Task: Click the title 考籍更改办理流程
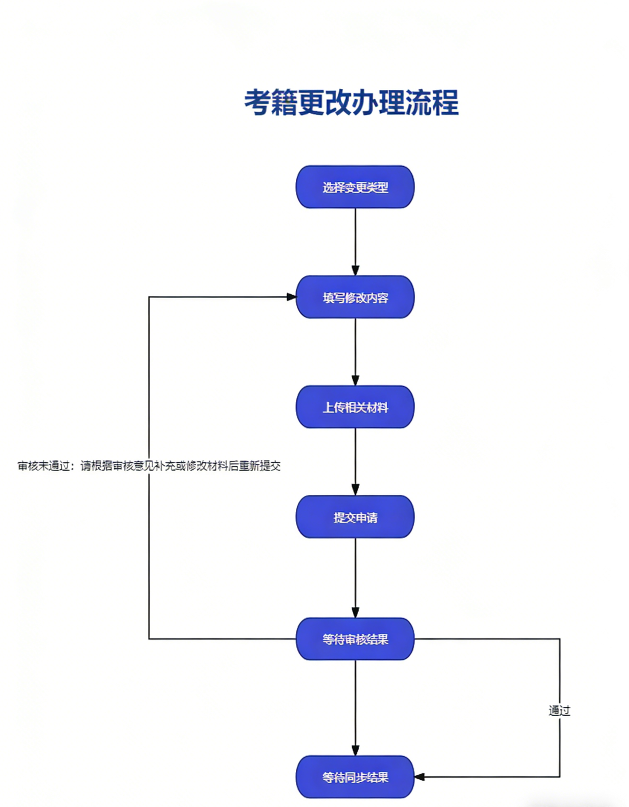point(351,103)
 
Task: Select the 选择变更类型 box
point(355,187)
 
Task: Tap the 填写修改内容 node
point(355,298)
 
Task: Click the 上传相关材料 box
point(355,407)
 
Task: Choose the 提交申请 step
point(355,517)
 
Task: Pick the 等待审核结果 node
point(355,639)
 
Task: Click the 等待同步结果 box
point(355,777)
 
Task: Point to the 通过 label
point(559,710)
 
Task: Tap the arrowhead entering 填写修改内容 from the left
point(292,297)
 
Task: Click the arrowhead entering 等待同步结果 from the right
point(420,777)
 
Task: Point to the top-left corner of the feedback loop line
point(149,297)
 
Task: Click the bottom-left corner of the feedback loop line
point(149,639)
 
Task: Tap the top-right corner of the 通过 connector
point(559,639)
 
